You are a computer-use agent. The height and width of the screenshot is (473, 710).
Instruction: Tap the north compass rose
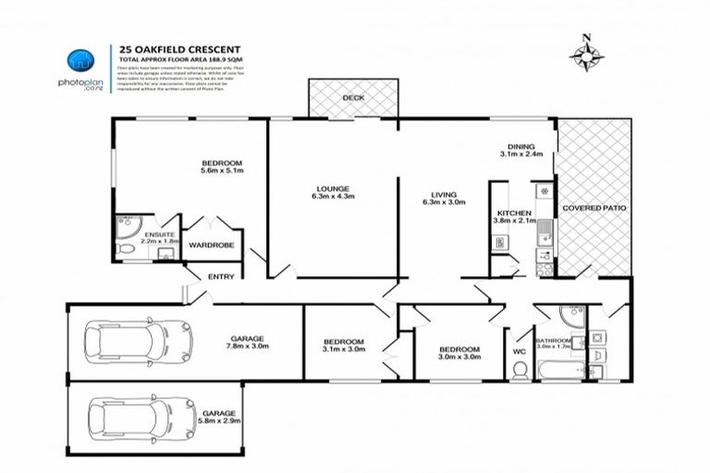[584, 55]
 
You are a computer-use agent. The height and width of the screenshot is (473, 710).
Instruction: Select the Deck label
[352, 97]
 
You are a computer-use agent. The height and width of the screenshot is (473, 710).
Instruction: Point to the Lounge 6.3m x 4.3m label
[333, 192]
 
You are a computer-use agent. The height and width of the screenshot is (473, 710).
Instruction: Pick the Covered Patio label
[594, 209]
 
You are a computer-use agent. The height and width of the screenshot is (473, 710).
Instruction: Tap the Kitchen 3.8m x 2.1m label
[515, 216]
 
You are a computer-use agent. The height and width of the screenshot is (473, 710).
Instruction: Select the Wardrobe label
[212, 245]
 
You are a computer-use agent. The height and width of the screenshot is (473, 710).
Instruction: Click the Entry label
[222, 276]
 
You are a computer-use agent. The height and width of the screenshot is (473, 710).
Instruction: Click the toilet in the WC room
[520, 371]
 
